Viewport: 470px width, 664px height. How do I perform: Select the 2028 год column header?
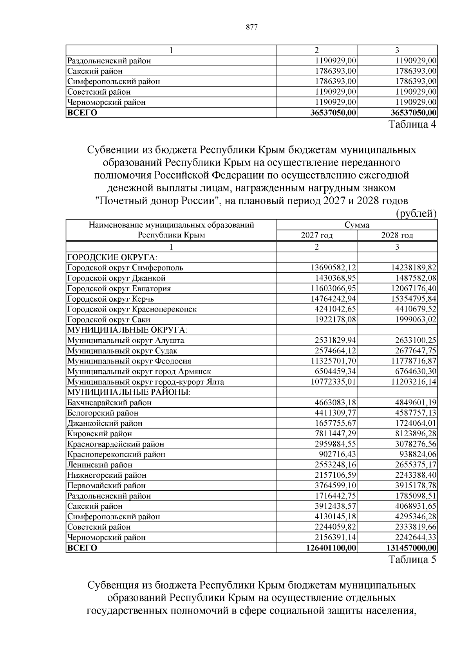(397, 236)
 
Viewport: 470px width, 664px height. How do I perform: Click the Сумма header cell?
(356, 225)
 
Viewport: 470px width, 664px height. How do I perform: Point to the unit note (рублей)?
(416, 213)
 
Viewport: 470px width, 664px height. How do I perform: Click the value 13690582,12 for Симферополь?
(333, 268)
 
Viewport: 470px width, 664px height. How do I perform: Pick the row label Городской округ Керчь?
(111, 299)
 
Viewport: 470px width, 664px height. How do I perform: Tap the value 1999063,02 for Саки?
(414, 320)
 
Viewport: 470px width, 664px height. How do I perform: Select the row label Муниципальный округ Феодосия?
(129, 361)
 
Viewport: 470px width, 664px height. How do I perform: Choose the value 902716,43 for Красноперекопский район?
(337, 454)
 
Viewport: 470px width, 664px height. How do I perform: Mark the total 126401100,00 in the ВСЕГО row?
(331, 548)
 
